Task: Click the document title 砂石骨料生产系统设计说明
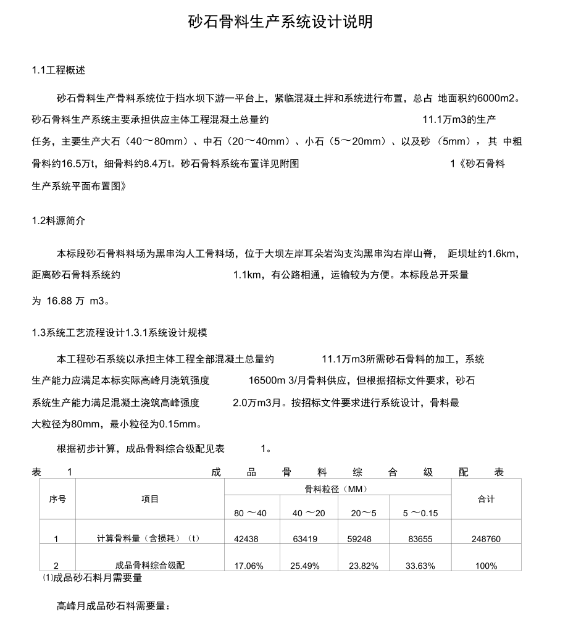click(x=280, y=23)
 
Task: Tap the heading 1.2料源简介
click(x=59, y=220)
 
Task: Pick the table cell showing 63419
click(x=305, y=539)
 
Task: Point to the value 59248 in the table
click(x=359, y=539)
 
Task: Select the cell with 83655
click(x=420, y=539)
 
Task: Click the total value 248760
click(x=487, y=539)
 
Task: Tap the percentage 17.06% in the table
click(x=249, y=566)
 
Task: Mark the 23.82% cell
click(x=363, y=566)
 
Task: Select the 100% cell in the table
click(x=487, y=566)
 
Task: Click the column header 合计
click(x=487, y=500)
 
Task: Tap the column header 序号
click(x=57, y=500)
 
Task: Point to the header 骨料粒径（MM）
click(x=336, y=490)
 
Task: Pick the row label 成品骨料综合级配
click(x=150, y=565)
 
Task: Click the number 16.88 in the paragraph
click(x=59, y=302)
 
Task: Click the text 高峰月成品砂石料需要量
click(x=113, y=607)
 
